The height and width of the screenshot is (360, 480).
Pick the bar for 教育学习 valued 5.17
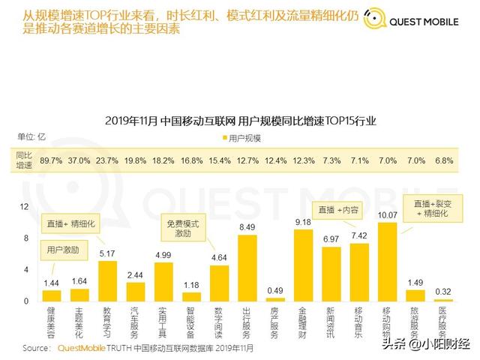[107, 280]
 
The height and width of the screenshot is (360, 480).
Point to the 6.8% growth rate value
[444, 160]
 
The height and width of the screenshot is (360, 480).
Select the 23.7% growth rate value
[107, 160]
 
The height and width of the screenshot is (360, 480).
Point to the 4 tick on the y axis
[26, 269]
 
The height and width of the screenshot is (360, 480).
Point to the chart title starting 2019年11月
[240, 120]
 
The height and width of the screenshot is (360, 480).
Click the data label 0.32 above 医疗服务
[444, 291]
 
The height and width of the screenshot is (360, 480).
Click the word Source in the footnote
[37, 348]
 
